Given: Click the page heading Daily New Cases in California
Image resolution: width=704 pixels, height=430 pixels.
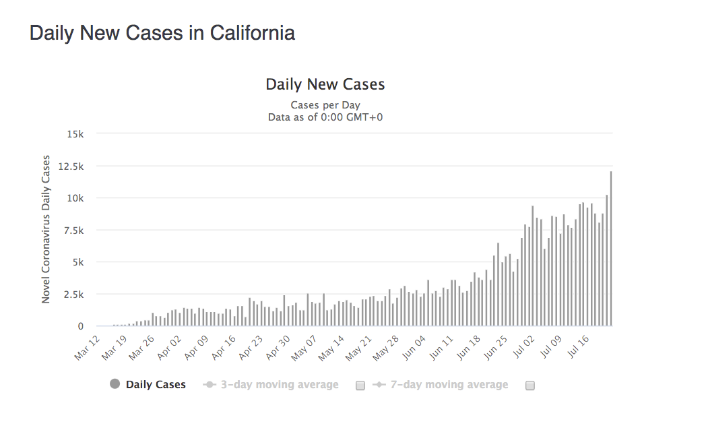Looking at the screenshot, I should click(162, 33).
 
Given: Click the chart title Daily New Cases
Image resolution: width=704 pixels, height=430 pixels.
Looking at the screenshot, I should click(325, 84).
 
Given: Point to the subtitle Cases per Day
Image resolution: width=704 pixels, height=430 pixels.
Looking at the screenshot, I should click(325, 105).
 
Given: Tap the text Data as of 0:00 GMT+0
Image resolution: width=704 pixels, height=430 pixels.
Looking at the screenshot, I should click(325, 117).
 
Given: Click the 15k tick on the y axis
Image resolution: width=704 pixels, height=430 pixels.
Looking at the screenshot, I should click(74, 133).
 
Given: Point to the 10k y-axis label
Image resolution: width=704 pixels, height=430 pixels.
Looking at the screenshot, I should click(74, 198).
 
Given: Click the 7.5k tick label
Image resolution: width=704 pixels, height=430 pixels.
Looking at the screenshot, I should click(71, 230).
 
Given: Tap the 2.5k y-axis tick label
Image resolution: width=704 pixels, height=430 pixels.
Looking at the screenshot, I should click(71, 295).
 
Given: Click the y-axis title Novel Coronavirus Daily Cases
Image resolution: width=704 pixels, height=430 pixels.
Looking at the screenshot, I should click(46, 229).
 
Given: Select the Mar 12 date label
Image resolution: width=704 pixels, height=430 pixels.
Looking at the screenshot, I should click(88, 346).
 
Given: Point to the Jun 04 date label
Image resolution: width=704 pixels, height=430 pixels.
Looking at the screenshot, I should click(414, 346).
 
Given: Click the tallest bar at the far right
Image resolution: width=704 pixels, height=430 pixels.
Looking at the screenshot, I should click(611, 249).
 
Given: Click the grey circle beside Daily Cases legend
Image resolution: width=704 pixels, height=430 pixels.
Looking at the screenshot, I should click(115, 385).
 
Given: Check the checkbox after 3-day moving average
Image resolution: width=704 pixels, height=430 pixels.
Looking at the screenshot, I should click(360, 386).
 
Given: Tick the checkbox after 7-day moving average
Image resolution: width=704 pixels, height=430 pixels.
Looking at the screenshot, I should click(530, 386).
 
